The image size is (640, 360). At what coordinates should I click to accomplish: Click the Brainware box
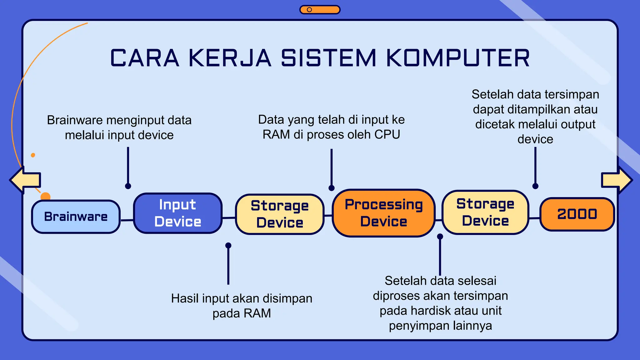point(76,217)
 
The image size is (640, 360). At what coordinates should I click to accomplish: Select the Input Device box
point(178,213)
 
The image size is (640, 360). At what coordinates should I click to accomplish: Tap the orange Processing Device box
point(384,213)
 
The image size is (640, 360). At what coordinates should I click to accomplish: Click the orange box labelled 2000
point(577,214)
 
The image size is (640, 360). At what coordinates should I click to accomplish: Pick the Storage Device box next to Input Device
point(280,214)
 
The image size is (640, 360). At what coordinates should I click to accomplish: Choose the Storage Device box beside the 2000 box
point(485,212)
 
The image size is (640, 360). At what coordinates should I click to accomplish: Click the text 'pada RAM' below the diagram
point(242,313)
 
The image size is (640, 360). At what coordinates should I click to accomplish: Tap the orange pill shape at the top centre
point(320,10)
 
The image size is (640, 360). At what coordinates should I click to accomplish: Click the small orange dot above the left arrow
point(33,155)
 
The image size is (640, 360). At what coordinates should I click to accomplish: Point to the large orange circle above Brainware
point(46,196)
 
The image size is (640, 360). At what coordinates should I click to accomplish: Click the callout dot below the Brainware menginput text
point(128,186)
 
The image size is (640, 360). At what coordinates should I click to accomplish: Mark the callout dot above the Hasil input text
point(228,245)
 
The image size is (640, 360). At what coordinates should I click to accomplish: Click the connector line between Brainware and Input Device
point(127,220)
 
